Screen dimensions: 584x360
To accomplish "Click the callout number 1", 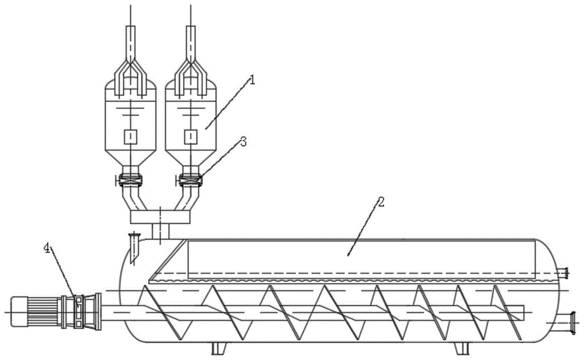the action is pos(252,80).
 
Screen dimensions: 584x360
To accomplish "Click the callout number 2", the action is pos(380,202).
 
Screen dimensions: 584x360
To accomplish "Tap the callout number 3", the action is pos(243,142).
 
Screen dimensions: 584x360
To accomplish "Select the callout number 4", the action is pos(47,248).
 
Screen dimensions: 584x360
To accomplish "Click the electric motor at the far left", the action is pos(36,311).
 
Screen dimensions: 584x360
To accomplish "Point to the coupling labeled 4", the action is pos(79,311).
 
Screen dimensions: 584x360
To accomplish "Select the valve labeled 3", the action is pos(190,181).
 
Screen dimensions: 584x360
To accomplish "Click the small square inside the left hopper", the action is pos(130,137).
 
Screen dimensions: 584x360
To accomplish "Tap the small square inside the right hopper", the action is pos(191,137).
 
